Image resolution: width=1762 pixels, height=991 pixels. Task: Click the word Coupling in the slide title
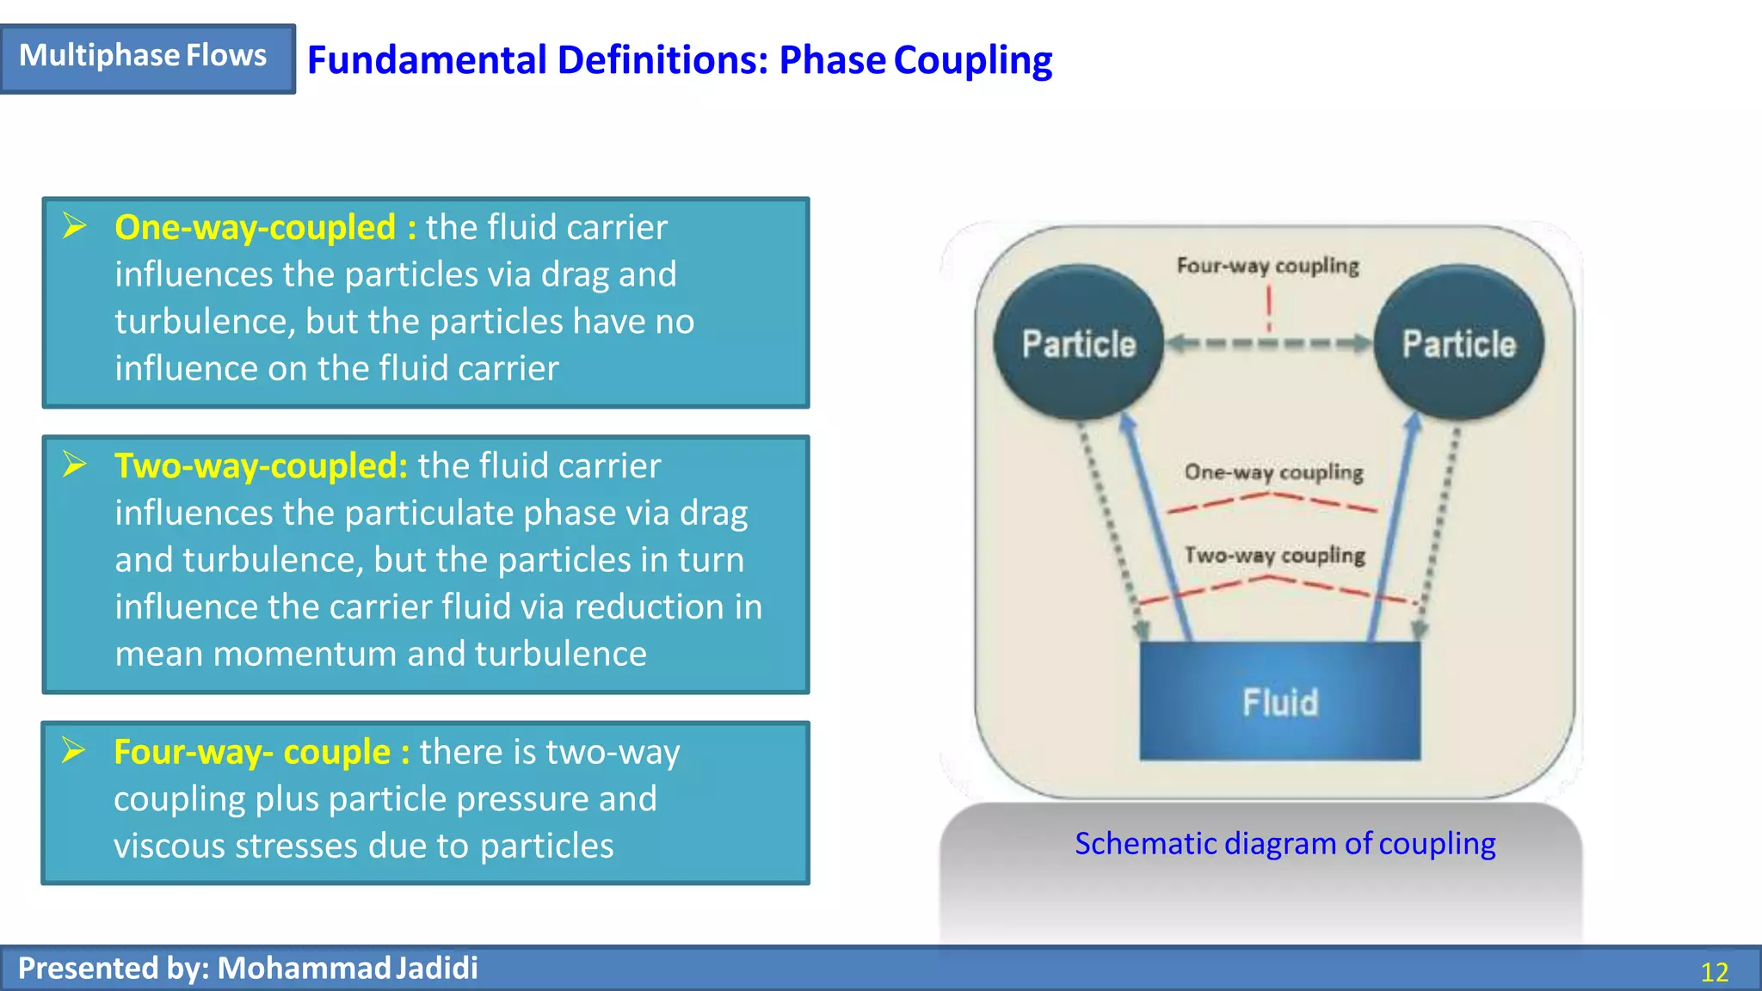click(x=972, y=61)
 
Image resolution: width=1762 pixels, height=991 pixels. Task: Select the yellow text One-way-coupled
click(x=255, y=227)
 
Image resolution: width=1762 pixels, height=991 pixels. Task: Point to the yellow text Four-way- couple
click(x=251, y=752)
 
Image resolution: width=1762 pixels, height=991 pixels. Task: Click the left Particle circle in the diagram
click(x=1079, y=343)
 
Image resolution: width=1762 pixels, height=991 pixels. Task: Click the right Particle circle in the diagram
click(x=1458, y=343)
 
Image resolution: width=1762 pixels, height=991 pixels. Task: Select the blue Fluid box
click(x=1279, y=701)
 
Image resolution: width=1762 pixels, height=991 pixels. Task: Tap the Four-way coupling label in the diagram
click(x=1267, y=266)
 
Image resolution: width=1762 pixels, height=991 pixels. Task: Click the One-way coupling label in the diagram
click(x=1273, y=472)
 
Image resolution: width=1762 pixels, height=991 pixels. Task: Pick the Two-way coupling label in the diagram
click(x=1274, y=556)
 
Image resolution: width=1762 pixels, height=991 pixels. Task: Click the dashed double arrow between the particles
click(x=1268, y=344)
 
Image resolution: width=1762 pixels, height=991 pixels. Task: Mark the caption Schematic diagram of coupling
click(x=1285, y=844)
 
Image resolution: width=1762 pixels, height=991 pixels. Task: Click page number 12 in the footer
click(x=1714, y=972)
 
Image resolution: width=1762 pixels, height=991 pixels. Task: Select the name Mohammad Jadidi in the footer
click(x=347, y=969)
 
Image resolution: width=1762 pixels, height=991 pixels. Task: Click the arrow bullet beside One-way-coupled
click(x=75, y=226)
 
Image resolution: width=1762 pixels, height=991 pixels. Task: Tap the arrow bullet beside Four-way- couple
click(x=74, y=750)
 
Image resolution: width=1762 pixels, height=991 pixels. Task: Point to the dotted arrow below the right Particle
click(x=1439, y=533)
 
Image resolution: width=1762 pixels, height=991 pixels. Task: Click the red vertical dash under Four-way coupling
click(x=1269, y=308)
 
